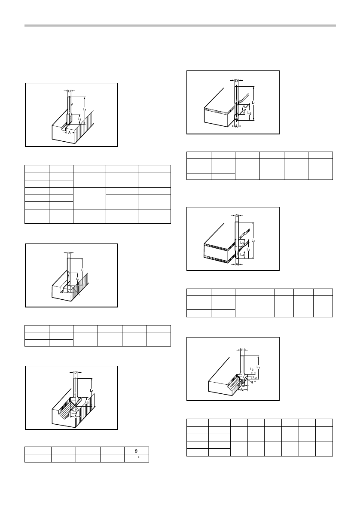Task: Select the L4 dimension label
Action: coord(242,255)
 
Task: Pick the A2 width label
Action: coord(242,385)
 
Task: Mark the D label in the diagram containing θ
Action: coord(76,372)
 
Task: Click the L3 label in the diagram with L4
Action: coord(242,243)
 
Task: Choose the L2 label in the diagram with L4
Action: coord(248,249)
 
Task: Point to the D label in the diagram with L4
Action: coord(237,216)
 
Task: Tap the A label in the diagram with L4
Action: coord(237,265)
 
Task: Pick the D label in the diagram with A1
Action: coord(242,350)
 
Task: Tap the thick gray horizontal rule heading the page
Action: coord(180,26)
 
